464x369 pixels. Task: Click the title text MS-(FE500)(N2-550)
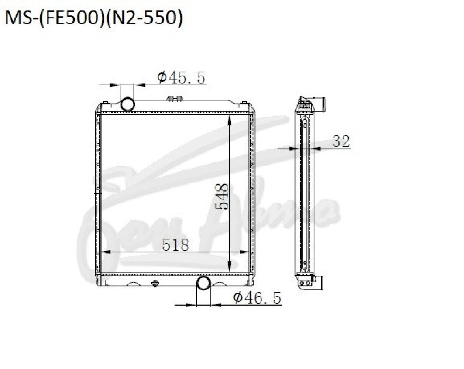[x=94, y=18]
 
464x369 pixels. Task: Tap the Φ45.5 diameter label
[x=181, y=77]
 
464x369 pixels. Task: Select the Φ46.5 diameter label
[x=257, y=298]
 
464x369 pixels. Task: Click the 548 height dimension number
[x=222, y=196]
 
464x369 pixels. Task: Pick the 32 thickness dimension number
[x=341, y=141]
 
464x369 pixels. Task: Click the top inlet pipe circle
[x=128, y=104]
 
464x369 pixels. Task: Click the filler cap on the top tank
[x=175, y=99]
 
